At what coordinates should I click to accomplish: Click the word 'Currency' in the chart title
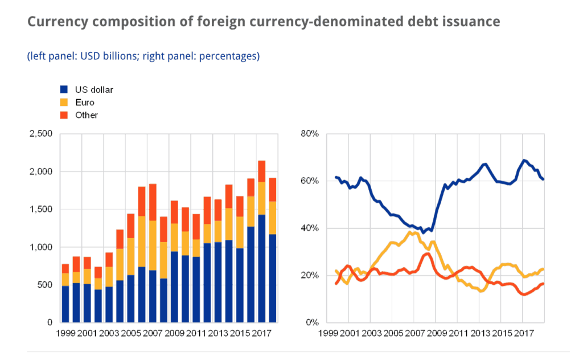click(55, 22)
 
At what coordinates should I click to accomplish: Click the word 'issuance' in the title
click(469, 22)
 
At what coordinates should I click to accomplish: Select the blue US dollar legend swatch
click(64, 89)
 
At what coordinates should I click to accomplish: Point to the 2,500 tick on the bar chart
click(40, 134)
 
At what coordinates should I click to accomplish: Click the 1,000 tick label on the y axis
click(40, 247)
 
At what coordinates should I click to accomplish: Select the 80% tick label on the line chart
click(310, 134)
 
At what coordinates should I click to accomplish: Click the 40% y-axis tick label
click(310, 228)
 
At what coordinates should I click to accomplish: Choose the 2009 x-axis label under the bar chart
click(174, 332)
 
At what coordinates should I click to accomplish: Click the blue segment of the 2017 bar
click(261, 268)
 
